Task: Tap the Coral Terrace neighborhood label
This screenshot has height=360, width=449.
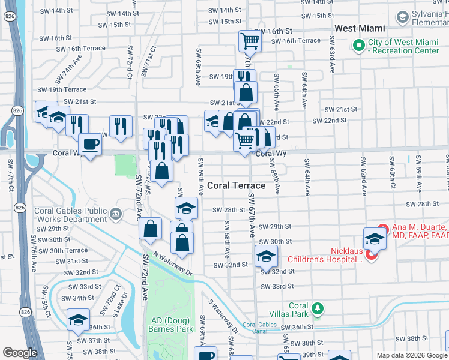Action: pyautogui.click(x=237, y=185)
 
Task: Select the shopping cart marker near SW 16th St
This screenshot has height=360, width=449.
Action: pyautogui.click(x=250, y=41)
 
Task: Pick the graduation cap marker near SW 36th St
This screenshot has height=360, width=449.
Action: pyautogui.click(x=78, y=320)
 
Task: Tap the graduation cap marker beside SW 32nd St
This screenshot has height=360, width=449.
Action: pyautogui.click(x=266, y=256)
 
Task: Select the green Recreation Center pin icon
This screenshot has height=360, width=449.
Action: pyautogui.click(x=359, y=45)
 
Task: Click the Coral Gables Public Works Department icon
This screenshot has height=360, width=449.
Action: pyautogui.click(x=116, y=212)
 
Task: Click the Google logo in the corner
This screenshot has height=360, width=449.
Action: pyautogui.click(x=20, y=353)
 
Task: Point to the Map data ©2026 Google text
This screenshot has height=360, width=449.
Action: pyautogui.click(x=411, y=355)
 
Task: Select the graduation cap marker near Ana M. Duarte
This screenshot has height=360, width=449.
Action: pyautogui.click(x=375, y=238)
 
